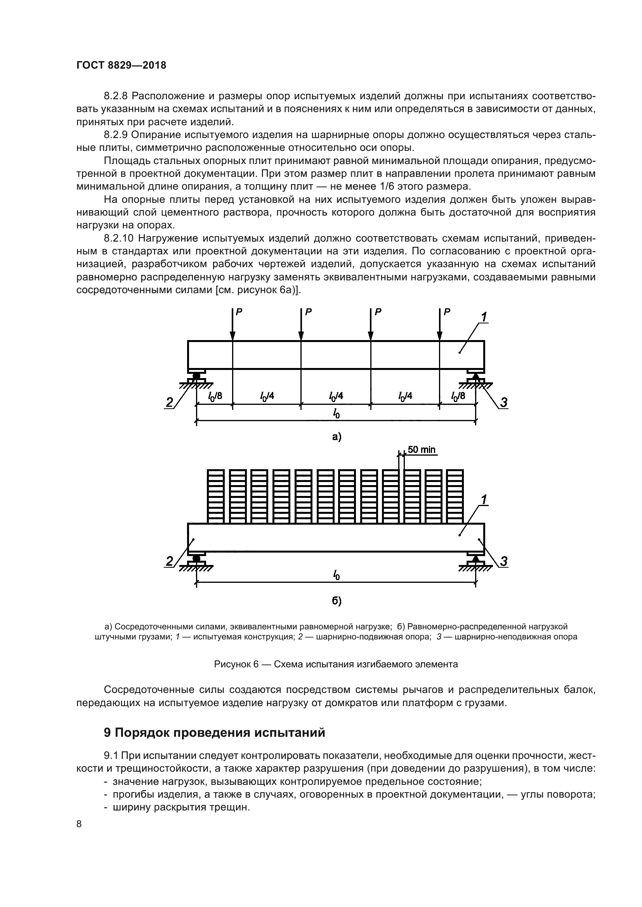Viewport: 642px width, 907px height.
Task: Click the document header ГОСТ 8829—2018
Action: click(121, 66)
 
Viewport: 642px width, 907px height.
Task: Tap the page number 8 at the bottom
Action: click(79, 824)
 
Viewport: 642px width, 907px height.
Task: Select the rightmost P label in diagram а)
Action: click(447, 312)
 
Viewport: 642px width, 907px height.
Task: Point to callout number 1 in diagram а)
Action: click(484, 317)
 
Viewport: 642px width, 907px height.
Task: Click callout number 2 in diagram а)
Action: click(169, 403)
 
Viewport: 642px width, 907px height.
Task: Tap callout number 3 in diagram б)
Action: click(504, 561)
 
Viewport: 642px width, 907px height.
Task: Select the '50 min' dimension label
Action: click(422, 449)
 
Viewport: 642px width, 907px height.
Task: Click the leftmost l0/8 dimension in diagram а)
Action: click(215, 396)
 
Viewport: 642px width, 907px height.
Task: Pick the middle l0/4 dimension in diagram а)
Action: click(336, 396)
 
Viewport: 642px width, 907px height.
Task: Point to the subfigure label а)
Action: click(336, 437)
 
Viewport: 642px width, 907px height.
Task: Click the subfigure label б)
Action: click(336, 601)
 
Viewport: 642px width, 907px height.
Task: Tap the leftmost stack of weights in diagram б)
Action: click(215, 496)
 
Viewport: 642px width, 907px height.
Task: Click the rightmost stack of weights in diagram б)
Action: click(455, 496)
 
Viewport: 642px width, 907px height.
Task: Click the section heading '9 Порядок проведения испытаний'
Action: click(214, 732)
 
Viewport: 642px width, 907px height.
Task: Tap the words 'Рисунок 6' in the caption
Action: click(236, 664)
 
